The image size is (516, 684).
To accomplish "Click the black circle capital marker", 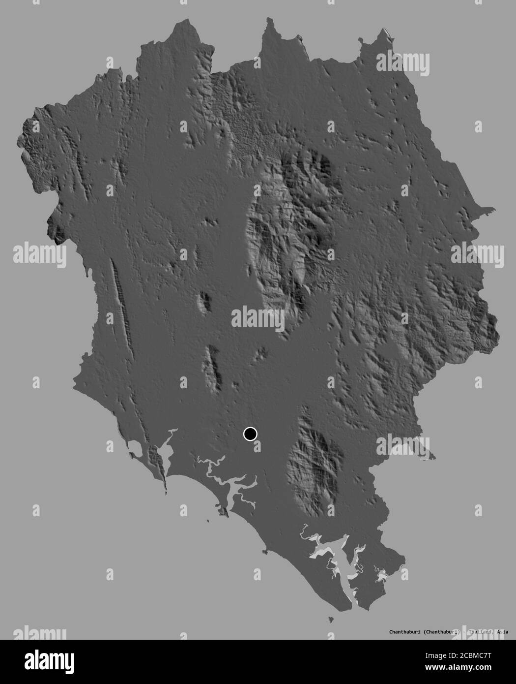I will click(x=250, y=434).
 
